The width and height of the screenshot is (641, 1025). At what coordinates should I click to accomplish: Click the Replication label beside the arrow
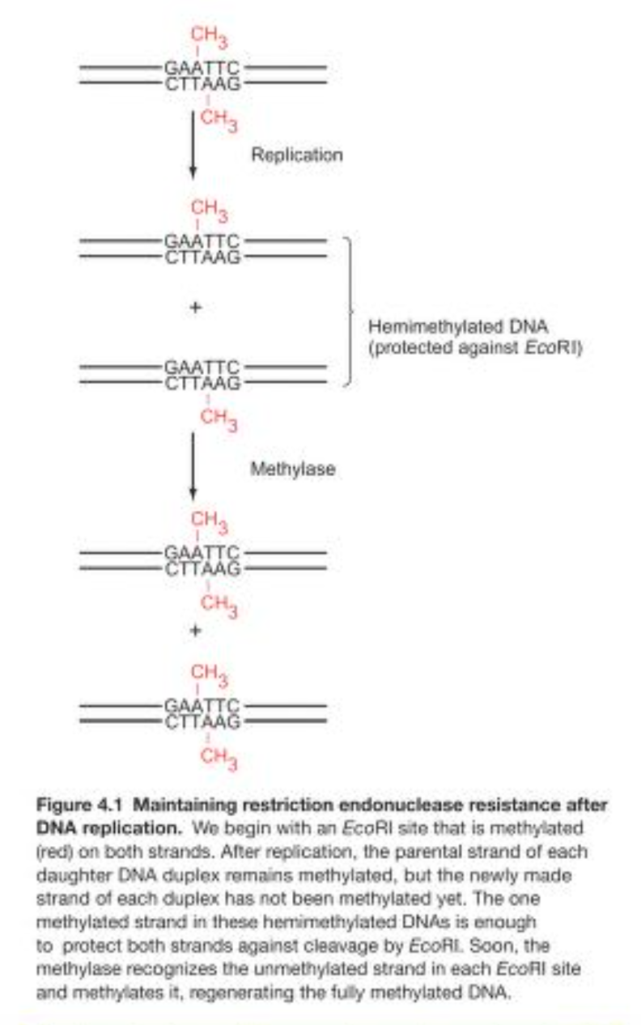tap(296, 154)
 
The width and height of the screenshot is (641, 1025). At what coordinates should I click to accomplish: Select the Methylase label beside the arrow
tap(292, 469)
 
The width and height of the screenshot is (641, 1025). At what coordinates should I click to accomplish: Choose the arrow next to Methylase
tap(193, 466)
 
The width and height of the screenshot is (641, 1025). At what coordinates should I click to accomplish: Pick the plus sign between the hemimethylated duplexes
tap(194, 308)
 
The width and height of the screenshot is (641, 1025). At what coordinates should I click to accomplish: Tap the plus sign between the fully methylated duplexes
tap(194, 629)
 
